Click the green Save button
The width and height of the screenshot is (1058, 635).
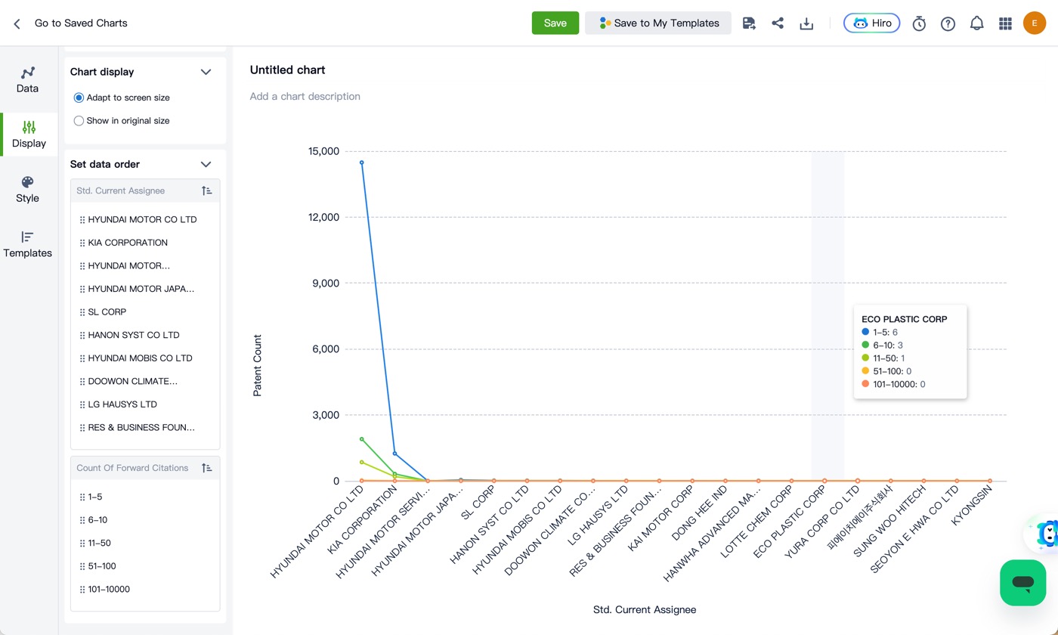555,23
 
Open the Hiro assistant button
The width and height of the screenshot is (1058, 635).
871,23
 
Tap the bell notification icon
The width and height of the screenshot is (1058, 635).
976,23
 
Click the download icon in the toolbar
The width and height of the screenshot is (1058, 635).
806,23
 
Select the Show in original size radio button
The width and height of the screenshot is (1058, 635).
79,121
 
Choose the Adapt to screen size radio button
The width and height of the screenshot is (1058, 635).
79,98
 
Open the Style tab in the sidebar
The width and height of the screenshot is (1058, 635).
27,189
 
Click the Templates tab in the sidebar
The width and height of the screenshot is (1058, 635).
27,243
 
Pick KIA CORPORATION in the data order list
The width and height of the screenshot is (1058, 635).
128,243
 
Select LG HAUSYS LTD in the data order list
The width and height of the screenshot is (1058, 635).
122,404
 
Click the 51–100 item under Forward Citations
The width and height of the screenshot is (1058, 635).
101,566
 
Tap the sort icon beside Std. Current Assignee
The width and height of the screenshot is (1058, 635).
206,190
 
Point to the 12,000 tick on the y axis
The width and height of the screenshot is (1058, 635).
323,218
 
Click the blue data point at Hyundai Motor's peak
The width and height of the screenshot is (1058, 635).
362,163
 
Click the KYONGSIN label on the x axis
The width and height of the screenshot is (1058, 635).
972,506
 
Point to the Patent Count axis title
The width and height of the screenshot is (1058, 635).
257,365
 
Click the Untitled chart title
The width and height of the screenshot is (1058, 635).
287,70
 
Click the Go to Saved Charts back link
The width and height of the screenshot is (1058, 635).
81,23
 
